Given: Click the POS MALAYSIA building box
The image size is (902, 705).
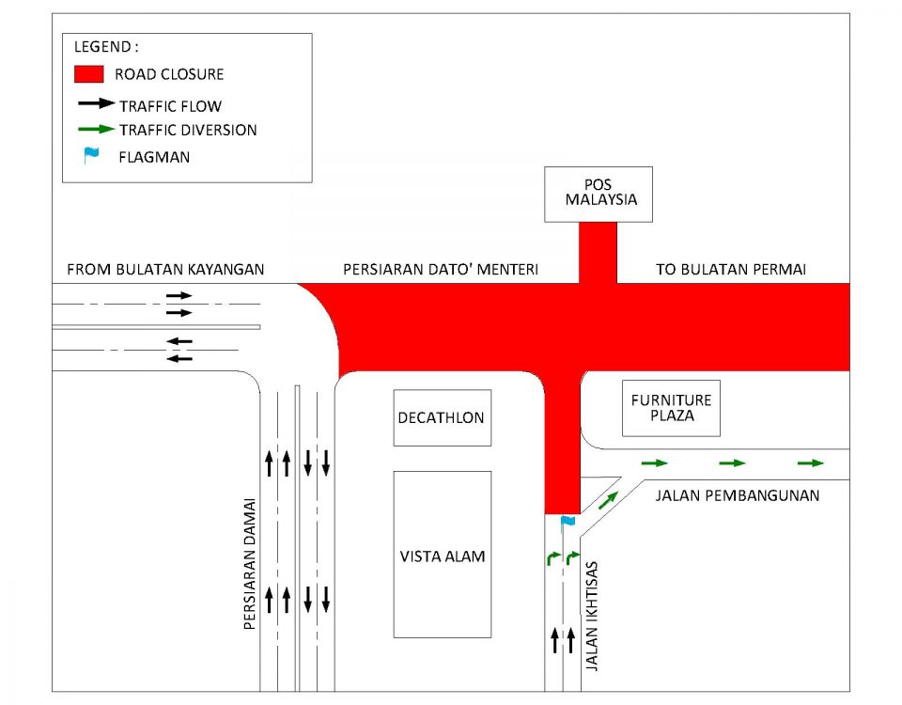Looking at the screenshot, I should click(598, 195).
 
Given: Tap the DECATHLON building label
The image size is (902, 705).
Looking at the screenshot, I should click(442, 417).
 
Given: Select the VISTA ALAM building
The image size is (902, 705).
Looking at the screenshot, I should click(442, 555).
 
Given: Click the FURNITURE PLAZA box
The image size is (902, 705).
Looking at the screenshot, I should click(671, 408).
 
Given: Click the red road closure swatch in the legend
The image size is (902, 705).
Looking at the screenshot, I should click(88, 73).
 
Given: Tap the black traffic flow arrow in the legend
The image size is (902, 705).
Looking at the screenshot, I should click(95, 103).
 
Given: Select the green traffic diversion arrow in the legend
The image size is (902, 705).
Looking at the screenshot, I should click(95, 129).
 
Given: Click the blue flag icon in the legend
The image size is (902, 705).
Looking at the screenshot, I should click(90, 155).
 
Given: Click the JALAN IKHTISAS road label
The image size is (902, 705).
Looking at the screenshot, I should click(593, 617).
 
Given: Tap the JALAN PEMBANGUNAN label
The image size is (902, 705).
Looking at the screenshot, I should click(737, 495).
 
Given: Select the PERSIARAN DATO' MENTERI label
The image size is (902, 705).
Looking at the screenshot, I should click(440, 270).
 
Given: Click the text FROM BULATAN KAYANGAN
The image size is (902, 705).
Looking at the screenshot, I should click(165, 270).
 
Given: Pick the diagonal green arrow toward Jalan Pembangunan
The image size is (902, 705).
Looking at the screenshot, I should click(609, 500).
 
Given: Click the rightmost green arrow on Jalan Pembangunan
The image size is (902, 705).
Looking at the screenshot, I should click(810, 462).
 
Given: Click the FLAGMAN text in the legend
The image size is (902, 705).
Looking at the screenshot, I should click(154, 157).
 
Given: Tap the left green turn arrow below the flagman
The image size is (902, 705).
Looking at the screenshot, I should click(552, 559).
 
